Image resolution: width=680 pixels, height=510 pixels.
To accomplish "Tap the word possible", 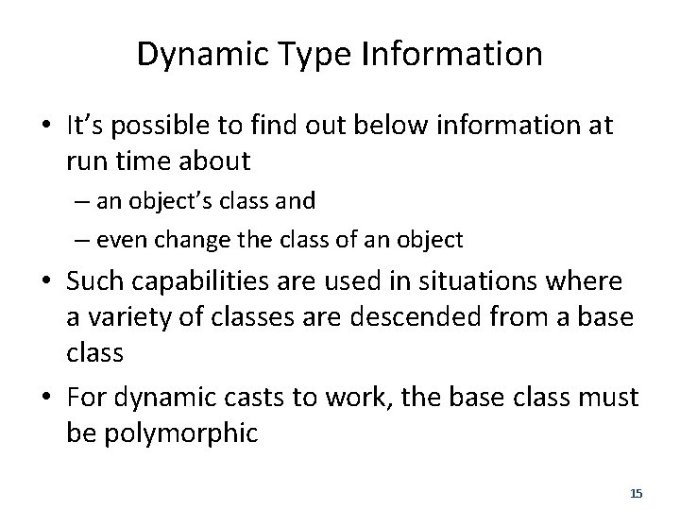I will (x=167, y=126).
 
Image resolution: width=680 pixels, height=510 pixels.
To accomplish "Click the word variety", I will (x=124, y=318).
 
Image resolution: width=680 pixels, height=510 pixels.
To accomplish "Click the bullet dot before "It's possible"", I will (x=46, y=127).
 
